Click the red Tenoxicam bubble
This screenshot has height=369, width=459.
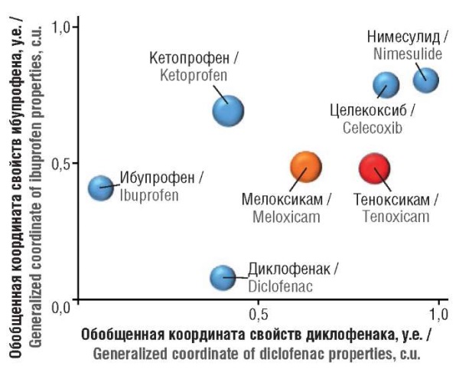(x=374, y=168)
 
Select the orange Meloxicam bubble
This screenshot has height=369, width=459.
(x=305, y=166)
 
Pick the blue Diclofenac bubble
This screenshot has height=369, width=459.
(x=223, y=277)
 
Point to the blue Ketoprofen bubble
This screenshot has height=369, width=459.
(x=227, y=111)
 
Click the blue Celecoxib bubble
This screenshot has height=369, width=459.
(x=386, y=85)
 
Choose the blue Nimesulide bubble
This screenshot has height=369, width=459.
(x=425, y=80)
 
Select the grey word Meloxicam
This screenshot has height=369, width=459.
(x=286, y=217)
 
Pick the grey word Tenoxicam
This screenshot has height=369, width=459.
(x=396, y=217)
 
